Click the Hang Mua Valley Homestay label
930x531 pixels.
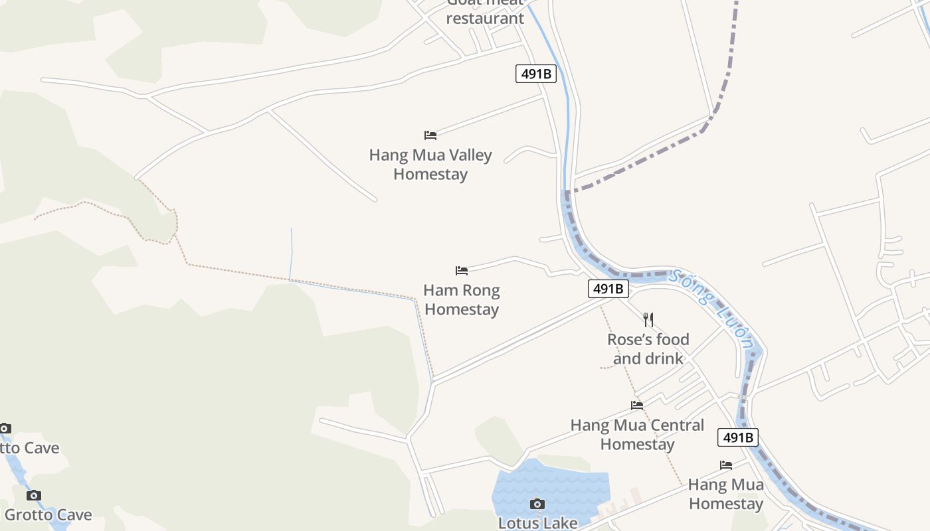point(430,165)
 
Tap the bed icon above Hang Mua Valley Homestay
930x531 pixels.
point(430,135)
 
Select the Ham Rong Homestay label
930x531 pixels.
point(462,300)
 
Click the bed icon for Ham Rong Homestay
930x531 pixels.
point(462,271)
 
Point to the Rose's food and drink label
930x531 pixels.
point(648,349)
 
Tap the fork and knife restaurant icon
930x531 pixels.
point(648,320)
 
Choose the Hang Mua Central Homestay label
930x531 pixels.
point(637,435)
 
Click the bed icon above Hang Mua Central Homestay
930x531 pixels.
point(637,405)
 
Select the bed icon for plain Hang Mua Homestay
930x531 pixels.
point(726,465)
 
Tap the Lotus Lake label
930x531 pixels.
point(538,523)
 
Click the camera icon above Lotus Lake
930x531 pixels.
point(537,504)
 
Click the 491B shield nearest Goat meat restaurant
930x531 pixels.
point(536,74)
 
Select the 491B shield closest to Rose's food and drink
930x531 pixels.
point(608,289)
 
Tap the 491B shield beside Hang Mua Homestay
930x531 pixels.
point(738,438)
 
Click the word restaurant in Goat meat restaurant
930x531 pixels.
point(485,19)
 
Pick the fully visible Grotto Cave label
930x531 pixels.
point(48,515)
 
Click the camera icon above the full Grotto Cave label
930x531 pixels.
point(34,496)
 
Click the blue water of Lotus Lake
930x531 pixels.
point(571,481)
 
